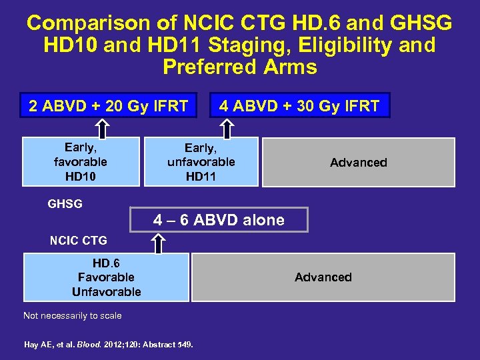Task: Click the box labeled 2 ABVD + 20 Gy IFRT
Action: coord(108,105)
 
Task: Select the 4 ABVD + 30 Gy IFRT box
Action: coord(299,105)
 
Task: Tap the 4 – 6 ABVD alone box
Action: coord(219,220)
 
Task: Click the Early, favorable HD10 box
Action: coord(81,161)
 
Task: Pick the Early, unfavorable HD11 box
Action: coord(201,161)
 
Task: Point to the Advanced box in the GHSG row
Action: coord(358,162)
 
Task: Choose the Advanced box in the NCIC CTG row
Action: coord(323,277)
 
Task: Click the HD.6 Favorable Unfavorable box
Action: coord(106,277)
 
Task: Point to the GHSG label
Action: coord(65,204)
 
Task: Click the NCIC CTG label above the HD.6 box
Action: coord(78,240)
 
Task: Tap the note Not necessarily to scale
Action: coord(73,315)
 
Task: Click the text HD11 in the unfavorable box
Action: coord(201,176)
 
